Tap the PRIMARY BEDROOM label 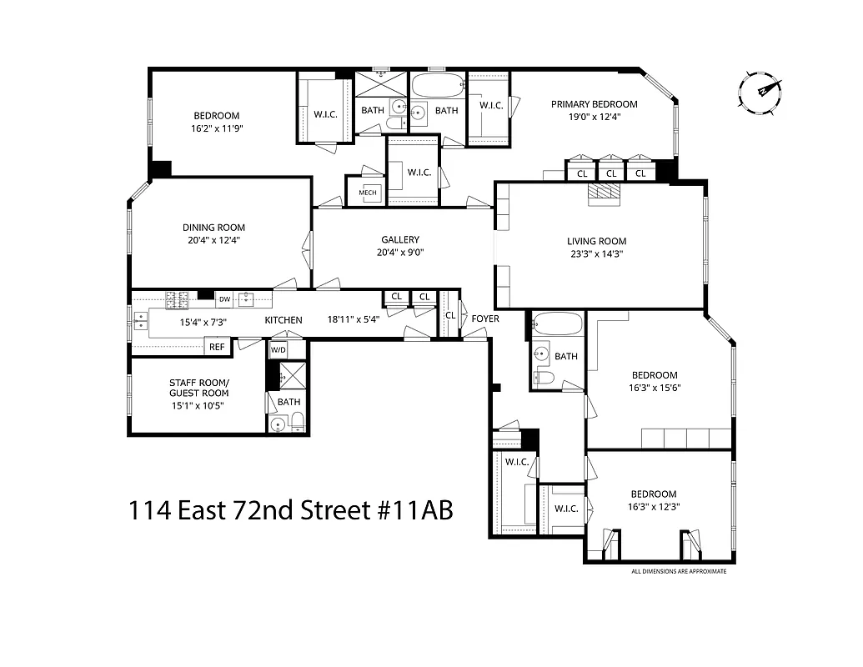tap(594, 104)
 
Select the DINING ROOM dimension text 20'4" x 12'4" tap(214, 240)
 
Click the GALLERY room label tap(400, 240)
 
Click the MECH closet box tap(368, 193)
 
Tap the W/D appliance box tap(277, 350)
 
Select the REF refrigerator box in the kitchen tap(217, 347)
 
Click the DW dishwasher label tap(224, 299)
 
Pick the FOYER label tap(484, 318)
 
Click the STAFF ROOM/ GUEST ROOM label tap(198, 388)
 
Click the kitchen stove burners tap(178, 298)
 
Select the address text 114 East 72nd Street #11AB tap(291, 509)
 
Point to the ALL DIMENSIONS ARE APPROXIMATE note tap(679, 571)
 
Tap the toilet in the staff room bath tap(278, 424)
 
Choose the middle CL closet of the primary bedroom tap(611, 173)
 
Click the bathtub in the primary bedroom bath tap(438, 86)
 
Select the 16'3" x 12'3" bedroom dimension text tap(653, 506)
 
